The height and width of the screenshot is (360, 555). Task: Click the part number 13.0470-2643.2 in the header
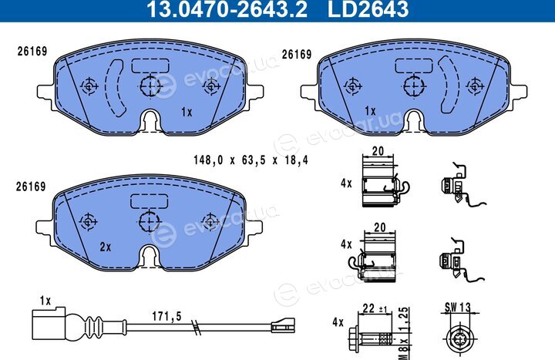227,8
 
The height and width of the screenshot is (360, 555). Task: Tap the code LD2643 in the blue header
368,8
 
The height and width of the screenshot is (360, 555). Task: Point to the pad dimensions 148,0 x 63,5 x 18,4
251,160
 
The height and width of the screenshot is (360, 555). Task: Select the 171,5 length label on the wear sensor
166,316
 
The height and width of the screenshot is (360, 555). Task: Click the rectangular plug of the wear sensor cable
49,324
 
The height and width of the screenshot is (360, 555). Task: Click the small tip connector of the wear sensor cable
283,325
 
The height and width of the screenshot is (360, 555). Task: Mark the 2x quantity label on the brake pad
105,247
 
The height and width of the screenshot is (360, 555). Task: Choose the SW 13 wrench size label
458,308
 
